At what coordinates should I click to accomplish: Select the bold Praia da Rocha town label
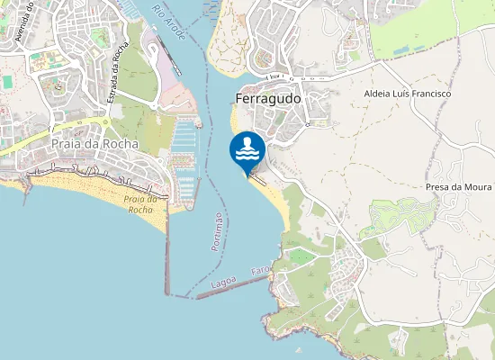[x=95, y=144]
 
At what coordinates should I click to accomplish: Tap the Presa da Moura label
[x=459, y=187]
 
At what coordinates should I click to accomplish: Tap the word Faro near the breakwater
[x=260, y=271]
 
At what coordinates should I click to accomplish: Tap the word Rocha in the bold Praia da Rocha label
[x=121, y=144]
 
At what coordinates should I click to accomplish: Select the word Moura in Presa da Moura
[x=478, y=187]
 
